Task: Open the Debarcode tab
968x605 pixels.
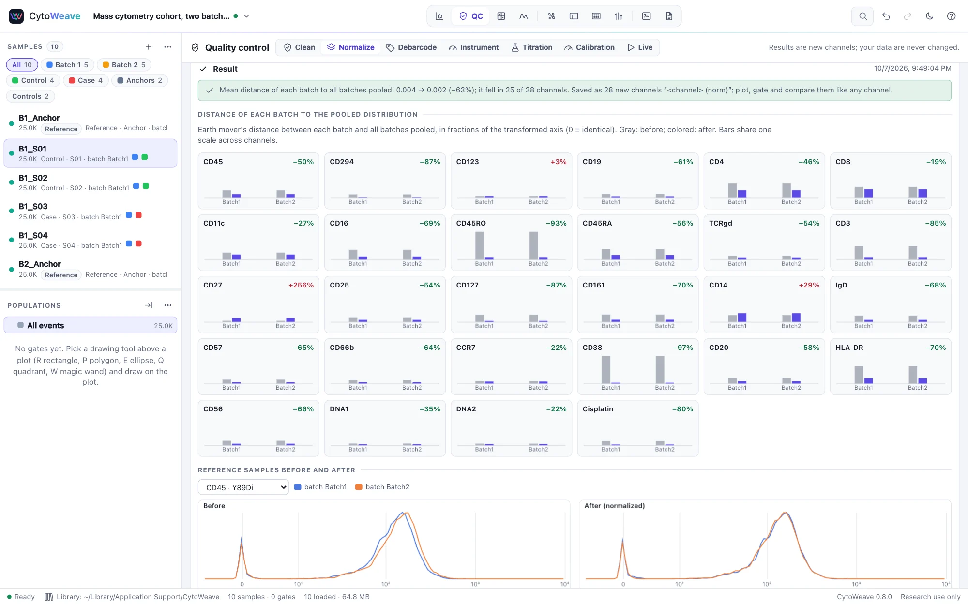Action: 411,47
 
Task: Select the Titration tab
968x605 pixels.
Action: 532,47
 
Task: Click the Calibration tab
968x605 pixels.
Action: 589,47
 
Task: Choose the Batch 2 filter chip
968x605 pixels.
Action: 124,65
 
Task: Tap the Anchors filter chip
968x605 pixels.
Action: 140,80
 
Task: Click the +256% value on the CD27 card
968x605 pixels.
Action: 301,285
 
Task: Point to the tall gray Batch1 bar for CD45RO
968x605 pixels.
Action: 480,245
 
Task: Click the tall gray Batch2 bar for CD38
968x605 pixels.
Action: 660,369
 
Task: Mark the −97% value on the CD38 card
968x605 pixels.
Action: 683,348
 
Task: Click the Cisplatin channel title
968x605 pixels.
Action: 598,409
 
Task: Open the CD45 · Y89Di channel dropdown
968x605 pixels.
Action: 243,487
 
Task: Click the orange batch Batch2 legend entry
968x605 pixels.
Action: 382,487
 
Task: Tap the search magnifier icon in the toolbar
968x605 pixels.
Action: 862,16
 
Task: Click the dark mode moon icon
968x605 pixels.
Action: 929,16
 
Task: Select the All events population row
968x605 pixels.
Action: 91,325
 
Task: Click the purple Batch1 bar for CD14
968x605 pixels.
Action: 742,317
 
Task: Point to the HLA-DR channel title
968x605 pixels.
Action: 849,348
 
